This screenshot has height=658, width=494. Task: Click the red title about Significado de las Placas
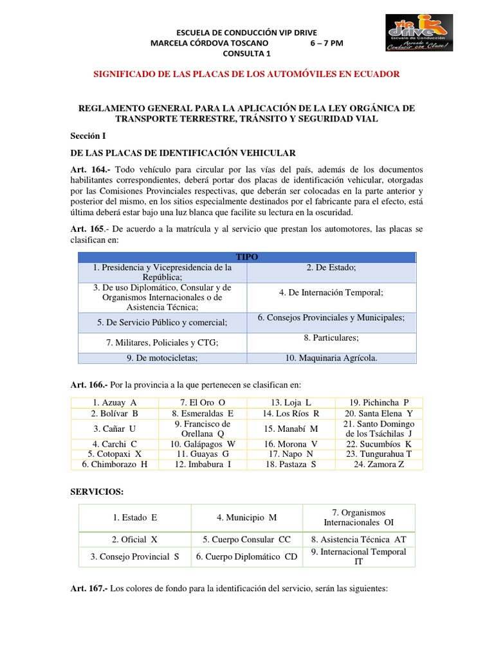[x=246, y=74]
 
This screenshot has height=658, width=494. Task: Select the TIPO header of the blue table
[x=247, y=256]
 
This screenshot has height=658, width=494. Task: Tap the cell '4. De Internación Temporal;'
[x=331, y=292]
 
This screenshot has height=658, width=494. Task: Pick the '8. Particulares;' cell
[x=331, y=337]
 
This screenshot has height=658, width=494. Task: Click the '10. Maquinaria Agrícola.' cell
[x=331, y=358]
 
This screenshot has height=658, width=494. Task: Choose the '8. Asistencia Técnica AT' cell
[x=358, y=539]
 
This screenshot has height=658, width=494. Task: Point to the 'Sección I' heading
[x=88, y=136]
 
